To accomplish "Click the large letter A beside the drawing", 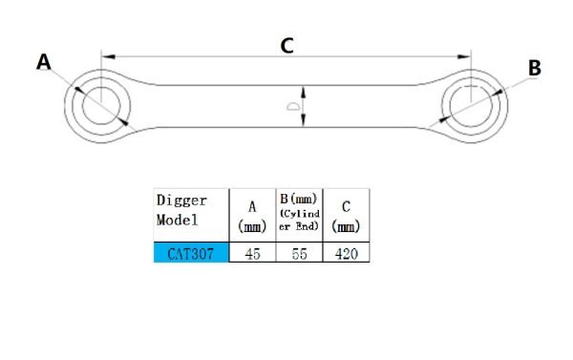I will (x=43, y=62).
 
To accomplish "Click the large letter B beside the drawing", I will (x=535, y=68).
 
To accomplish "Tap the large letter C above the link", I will (x=286, y=45).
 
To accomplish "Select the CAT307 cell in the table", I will (x=191, y=254).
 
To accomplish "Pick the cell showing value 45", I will (x=252, y=254).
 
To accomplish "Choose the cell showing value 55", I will (x=299, y=254).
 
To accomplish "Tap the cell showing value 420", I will (x=345, y=254).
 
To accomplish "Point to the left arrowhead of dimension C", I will (x=104, y=55).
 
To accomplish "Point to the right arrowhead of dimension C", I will (x=468, y=55).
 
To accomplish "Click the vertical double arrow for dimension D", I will (x=304, y=106).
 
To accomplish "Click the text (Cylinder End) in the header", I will (x=299, y=221).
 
